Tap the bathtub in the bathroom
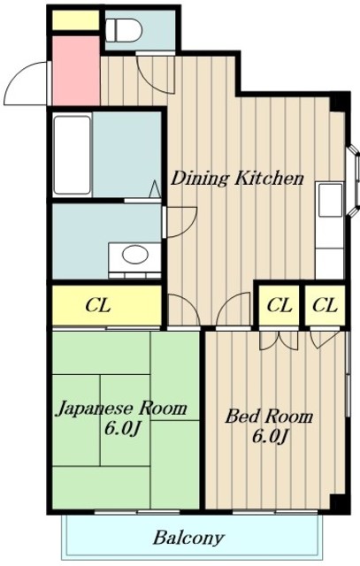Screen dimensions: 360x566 coord(72,155)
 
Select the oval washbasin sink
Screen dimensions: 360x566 coord(135,255)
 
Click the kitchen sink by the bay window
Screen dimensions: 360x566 coord(330,200)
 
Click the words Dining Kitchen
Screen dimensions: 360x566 coord(237,179)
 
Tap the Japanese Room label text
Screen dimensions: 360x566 coord(122,409)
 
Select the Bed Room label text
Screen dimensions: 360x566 coord(269,417)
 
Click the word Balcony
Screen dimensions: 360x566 coord(188,538)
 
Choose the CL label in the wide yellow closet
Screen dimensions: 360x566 coord(98,306)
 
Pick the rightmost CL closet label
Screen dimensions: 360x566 coord(325,306)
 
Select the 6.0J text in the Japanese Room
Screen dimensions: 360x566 coord(122,429)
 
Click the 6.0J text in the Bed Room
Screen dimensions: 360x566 coord(269,436)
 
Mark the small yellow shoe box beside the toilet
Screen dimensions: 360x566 coord(75,20)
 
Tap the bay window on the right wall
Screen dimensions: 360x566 coord(352,180)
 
